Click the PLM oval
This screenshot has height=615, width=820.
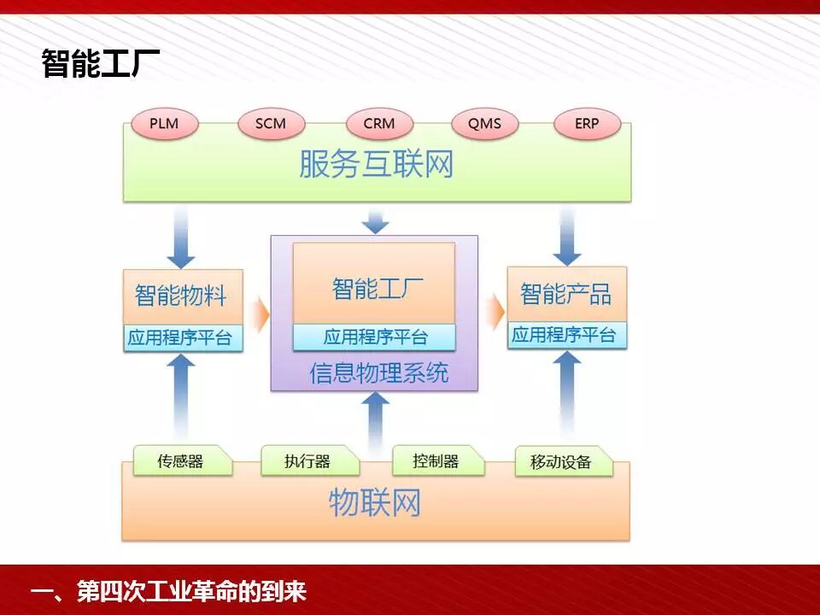pos(164,124)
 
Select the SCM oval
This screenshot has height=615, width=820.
pos(270,124)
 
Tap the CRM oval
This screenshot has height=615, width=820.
pos(378,124)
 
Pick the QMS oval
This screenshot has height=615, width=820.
pos(484,124)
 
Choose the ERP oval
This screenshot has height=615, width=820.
pos(587,124)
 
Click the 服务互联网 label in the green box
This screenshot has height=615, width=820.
pos(376,165)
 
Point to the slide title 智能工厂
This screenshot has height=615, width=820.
pos(101,64)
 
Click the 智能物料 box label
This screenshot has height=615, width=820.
pos(182,296)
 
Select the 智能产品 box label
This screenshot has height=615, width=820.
pos(566,295)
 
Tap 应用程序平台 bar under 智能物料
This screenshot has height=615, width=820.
pos(182,337)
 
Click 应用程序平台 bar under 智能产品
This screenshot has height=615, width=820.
pos(566,335)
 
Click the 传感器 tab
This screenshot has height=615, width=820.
pos(180,461)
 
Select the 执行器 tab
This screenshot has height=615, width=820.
pos(307,461)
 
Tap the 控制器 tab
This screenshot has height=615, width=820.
pos(436,461)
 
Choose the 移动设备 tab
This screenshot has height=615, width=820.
pos(561,462)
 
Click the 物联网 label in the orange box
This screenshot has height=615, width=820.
pos(375,502)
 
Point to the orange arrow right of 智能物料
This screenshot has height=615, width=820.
pos(261,313)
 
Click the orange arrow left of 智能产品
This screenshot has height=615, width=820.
pos(495,312)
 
